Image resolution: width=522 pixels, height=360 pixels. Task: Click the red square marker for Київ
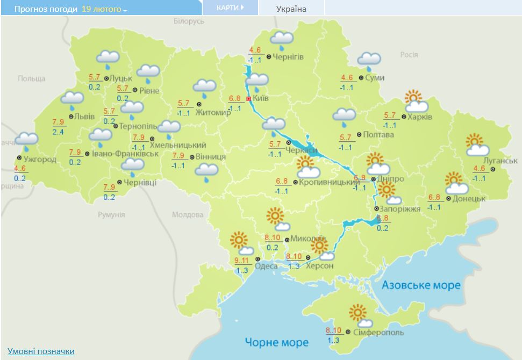coord(249,99)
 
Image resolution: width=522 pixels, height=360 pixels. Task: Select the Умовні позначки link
coord(41,351)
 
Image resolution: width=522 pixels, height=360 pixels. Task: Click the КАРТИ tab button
coord(230,8)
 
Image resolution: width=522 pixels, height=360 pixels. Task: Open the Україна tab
coord(291,9)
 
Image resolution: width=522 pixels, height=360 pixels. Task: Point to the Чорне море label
coord(277,342)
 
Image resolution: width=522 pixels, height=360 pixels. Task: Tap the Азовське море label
coord(421,285)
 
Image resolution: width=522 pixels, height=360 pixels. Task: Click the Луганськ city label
coord(500,161)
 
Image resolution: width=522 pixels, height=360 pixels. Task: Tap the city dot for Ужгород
coord(19,159)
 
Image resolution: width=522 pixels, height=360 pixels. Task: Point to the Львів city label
coord(84,117)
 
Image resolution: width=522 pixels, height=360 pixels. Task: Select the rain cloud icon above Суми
coord(369,60)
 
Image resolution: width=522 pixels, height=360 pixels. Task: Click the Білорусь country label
coord(189,21)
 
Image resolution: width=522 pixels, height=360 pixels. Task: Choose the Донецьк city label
coord(469,198)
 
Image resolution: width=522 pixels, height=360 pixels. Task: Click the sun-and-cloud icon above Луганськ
coord(477,146)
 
